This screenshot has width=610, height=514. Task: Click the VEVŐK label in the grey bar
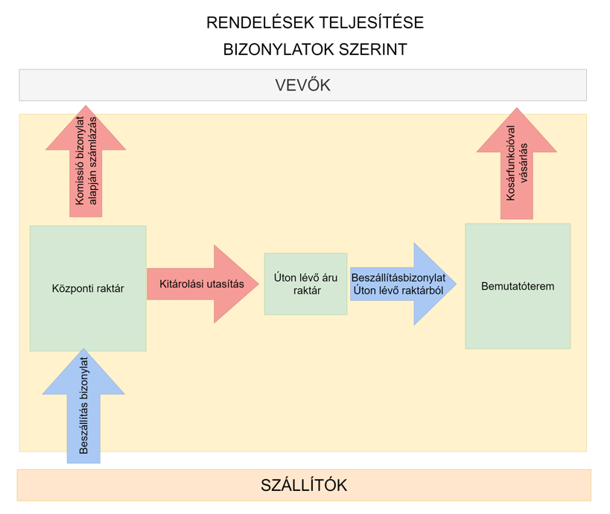[x=302, y=85]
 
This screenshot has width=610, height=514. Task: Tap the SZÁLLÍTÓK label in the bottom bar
[x=304, y=486]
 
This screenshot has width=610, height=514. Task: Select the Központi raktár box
[x=88, y=313]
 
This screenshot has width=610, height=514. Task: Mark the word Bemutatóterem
[x=518, y=286]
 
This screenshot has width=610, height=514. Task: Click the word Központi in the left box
[x=71, y=288]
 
